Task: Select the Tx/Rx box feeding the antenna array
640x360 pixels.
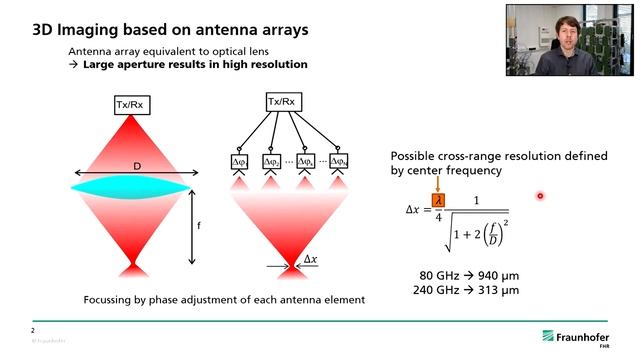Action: (281, 101)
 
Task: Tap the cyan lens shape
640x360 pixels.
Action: (131, 186)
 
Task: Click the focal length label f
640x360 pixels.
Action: (199, 226)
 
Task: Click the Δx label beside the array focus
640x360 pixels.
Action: (311, 259)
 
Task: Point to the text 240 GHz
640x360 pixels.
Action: (437, 290)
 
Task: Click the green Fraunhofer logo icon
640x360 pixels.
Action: (550, 336)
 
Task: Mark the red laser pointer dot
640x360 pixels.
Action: (540, 196)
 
